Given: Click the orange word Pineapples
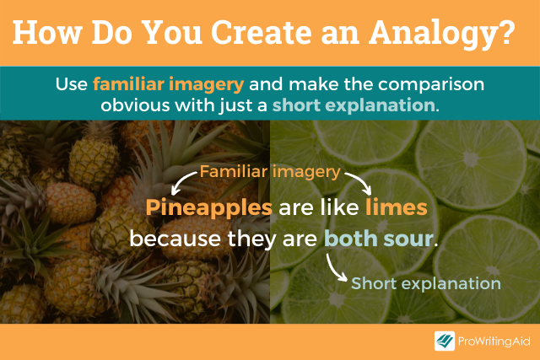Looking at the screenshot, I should pos(208,208).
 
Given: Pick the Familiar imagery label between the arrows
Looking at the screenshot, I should pos(270,173).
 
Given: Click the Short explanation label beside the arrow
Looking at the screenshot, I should pos(425,283).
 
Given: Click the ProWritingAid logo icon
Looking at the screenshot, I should pos(444,341).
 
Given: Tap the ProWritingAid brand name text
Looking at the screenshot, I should pos(494,341).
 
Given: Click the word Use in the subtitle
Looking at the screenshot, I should pos(73,85).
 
